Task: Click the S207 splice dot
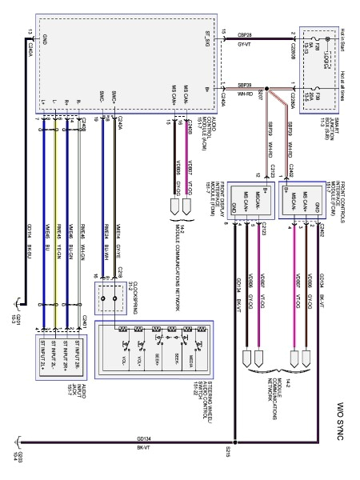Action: pos(269,89)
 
